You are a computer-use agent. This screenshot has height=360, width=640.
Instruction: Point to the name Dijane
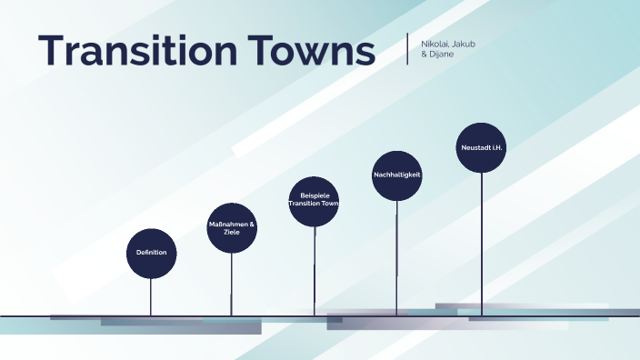point(442,55)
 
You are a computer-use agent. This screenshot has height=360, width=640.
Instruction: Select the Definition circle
point(151,252)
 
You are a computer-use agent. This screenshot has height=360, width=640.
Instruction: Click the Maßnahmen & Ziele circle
point(232,227)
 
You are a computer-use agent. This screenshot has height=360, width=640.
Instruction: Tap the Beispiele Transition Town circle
point(314,200)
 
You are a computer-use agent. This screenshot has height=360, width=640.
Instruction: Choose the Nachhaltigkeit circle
point(396,175)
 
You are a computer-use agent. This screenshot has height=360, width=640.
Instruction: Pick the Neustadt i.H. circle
point(481,147)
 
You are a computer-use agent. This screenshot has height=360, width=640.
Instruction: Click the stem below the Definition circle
point(151,296)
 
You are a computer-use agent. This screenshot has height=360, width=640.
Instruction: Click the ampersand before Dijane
point(425,55)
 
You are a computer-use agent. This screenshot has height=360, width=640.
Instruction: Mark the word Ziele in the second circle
point(232,232)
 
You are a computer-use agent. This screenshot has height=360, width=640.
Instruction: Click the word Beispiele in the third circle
point(314,195)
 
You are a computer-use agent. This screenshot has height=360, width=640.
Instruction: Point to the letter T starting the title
point(51,51)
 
